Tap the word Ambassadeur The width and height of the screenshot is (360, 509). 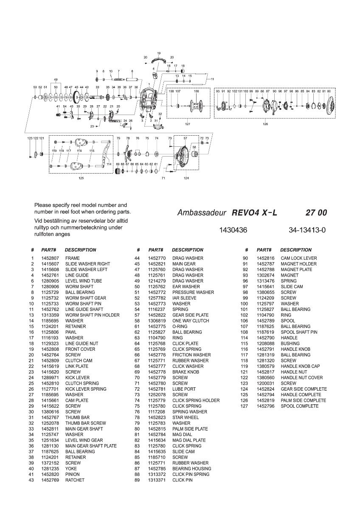pyautogui.click(x=201, y=213)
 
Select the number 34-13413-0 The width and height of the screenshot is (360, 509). pyautogui.click(x=307, y=230)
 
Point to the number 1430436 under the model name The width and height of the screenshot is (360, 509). pyautogui.click(x=233, y=230)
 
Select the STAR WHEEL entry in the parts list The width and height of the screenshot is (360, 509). pyautogui.click(x=186, y=417)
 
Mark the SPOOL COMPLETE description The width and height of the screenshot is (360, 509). pyautogui.click(x=299, y=406)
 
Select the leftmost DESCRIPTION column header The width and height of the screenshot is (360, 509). pyautogui.click(x=80, y=250)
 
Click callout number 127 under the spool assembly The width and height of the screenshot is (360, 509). pyautogui.click(x=188, y=124)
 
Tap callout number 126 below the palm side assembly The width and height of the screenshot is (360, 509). pyautogui.click(x=266, y=124)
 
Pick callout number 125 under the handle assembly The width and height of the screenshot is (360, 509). pyautogui.click(x=81, y=178)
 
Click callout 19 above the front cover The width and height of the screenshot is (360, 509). pyautogui.click(x=158, y=53)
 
